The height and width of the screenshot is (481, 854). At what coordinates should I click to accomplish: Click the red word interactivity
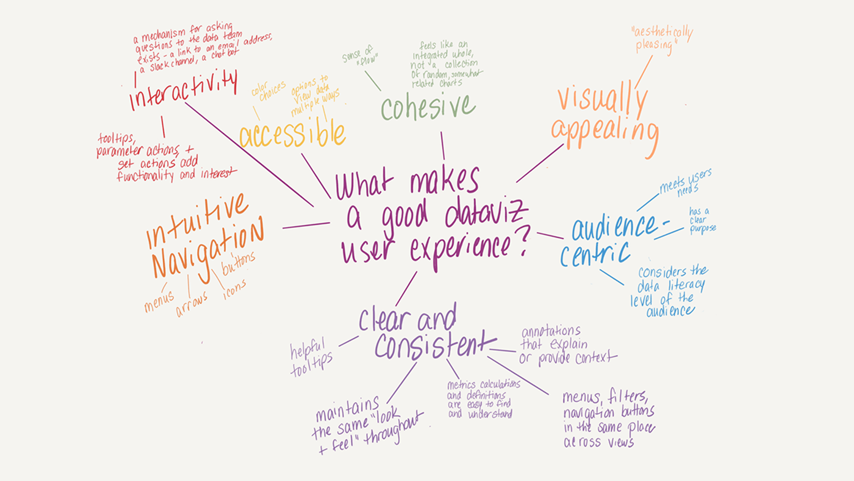183,91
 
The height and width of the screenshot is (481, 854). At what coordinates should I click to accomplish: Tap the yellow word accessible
292,134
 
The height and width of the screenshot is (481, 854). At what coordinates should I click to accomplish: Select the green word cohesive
428,107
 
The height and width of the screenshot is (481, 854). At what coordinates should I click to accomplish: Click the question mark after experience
525,240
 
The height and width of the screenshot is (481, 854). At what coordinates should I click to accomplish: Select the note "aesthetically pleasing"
661,39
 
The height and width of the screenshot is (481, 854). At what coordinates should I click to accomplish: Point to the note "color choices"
268,91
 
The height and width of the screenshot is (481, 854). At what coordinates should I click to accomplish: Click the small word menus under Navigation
159,302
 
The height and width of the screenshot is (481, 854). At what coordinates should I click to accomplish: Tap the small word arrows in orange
192,305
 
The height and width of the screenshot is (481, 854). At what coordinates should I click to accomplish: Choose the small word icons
234,289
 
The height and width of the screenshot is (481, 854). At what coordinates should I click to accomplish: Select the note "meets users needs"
685,183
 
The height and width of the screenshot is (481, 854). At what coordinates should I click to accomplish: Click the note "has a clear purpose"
702,220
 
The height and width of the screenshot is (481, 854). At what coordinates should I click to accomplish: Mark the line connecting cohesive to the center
443,145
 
